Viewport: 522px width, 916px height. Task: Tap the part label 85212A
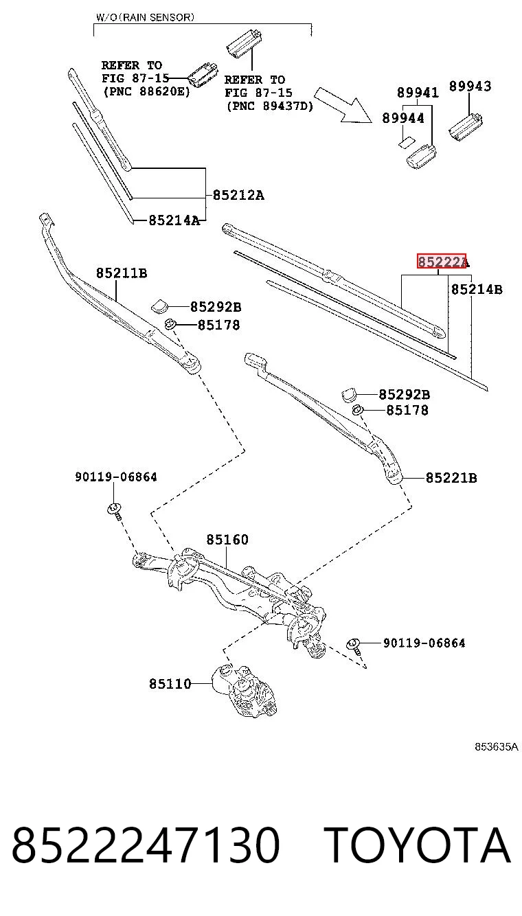click(238, 195)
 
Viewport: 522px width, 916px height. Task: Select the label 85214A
click(174, 220)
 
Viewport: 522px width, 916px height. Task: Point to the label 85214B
click(477, 290)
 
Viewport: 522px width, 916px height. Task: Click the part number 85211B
click(122, 273)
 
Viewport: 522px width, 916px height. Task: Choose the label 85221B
click(451, 478)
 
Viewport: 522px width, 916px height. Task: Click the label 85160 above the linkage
click(227, 540)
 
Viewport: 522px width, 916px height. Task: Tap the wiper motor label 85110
click(170, 683)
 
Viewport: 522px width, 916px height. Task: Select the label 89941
click(418, 93)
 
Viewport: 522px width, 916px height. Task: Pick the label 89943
click(470, 86)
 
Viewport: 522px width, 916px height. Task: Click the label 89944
click(403, 118)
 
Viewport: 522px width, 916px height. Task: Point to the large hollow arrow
click(343, 106)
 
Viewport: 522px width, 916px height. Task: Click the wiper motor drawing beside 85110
click(246, 690)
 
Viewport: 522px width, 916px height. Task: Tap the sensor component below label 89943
click(466, 126)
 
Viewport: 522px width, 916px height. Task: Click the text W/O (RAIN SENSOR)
click(145, 17)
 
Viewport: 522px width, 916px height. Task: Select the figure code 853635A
click(496, 746)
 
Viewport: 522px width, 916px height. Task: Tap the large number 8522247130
click(146, 845)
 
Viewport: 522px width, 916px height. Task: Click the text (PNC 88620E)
click(147, 91)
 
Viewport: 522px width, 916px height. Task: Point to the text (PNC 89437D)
click(270, 106)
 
